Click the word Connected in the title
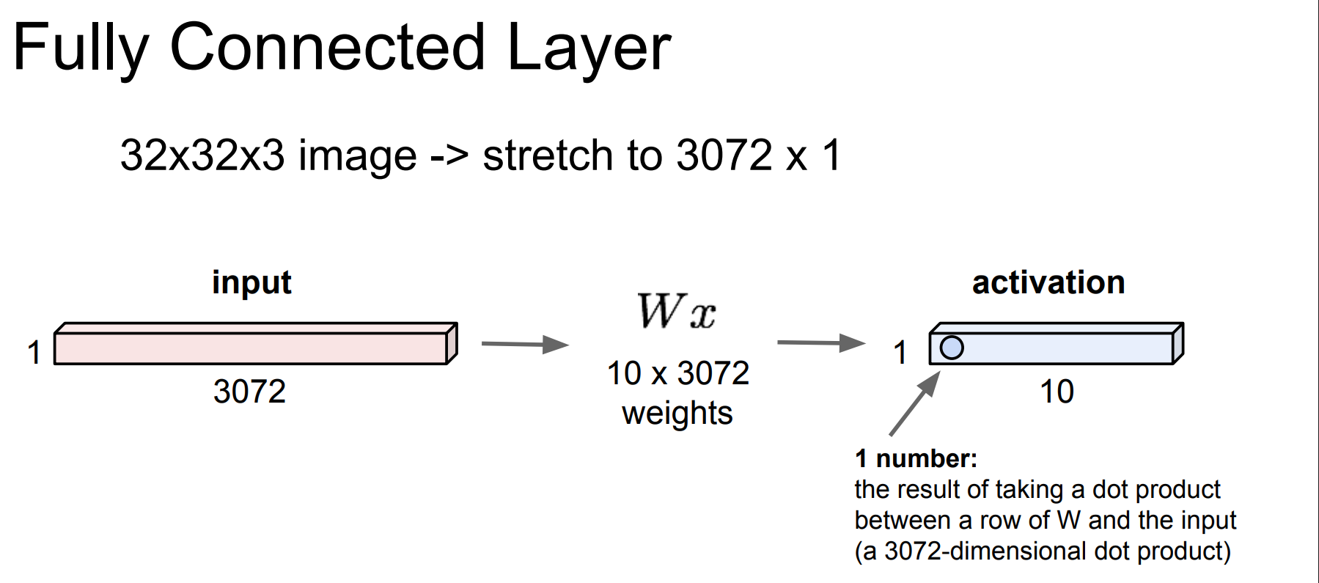tap(327, 48)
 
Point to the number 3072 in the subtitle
tap(724, 155)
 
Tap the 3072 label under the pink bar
tap(249, 392)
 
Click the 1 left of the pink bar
tap(34, 353)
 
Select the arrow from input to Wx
tap(524, 344)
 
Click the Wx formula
tap(676, 312)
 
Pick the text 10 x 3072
tap(677, 373)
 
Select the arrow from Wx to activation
tap(820, 342)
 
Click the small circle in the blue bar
tap(951, 347)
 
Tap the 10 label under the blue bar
tap(1057, 392)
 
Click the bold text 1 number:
tap(916, 459)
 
